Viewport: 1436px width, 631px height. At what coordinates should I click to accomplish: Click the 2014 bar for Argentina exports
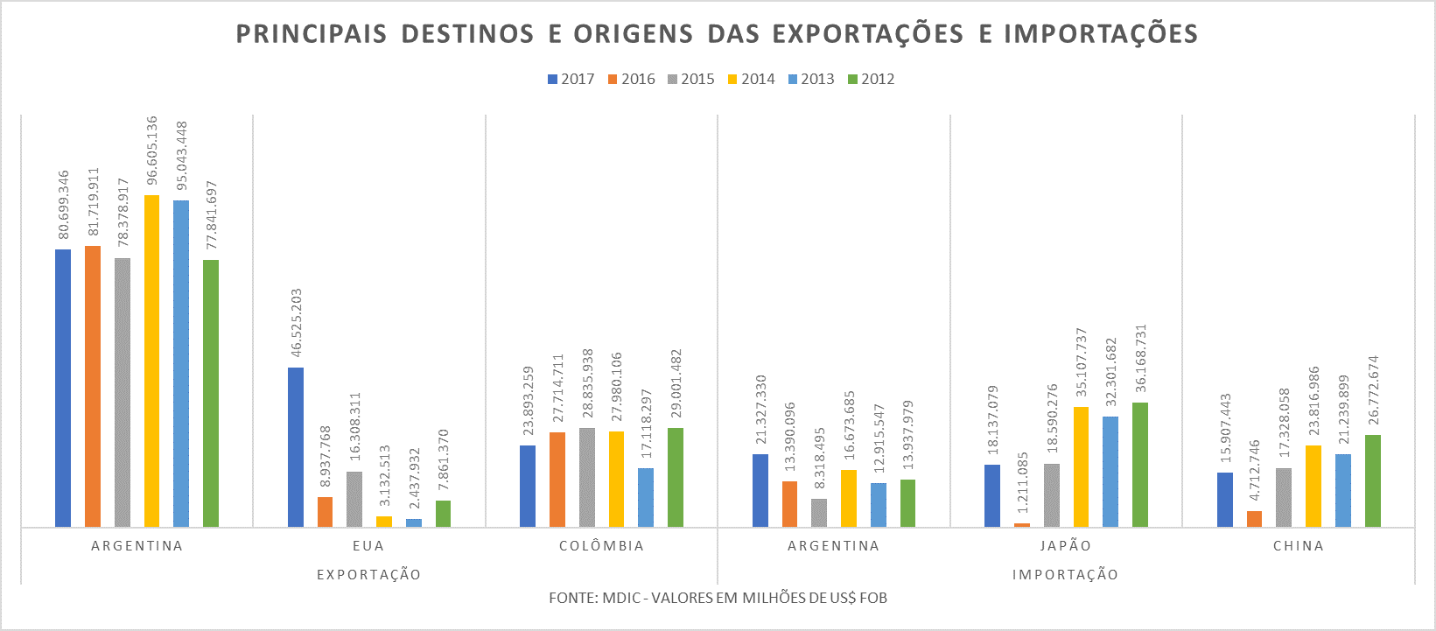152,361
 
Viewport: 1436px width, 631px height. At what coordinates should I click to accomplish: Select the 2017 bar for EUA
296,446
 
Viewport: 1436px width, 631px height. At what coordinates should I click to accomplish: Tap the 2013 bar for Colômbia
646,497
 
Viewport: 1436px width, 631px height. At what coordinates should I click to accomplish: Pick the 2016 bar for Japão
1022,524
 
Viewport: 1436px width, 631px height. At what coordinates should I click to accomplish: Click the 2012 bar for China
1373,480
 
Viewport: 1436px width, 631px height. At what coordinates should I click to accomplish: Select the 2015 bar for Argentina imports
819,512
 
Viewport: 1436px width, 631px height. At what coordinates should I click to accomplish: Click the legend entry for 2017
571,79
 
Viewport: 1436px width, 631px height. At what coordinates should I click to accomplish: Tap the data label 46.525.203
297,323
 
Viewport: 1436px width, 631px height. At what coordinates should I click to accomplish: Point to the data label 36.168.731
1140,359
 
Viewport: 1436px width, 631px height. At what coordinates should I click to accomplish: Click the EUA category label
368,546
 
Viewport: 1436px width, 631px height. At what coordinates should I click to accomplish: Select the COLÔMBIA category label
601,546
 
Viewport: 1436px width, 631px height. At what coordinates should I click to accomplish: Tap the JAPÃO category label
1066,546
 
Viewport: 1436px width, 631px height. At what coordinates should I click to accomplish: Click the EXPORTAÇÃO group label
368,575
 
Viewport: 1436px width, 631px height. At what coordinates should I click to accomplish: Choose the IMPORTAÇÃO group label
1065,575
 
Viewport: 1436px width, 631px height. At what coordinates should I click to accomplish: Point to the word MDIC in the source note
624,598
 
